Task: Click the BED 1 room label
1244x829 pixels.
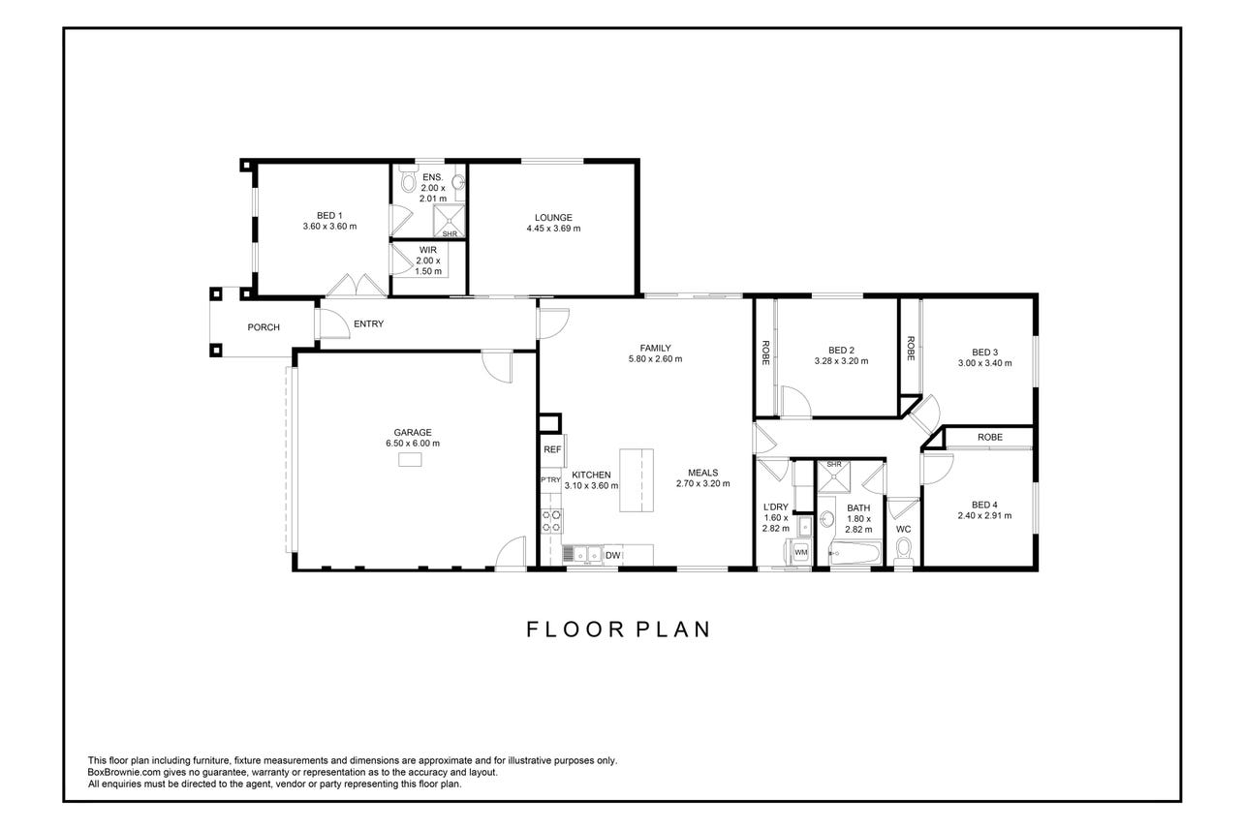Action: (329, 215)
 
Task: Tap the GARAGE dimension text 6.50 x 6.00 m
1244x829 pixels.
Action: (413, 444)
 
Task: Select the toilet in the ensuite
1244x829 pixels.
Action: (408, 177)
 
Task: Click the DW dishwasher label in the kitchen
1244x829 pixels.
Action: (612, 555)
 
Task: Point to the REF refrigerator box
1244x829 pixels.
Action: (552, 449)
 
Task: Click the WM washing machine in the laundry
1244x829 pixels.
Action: (800, 552)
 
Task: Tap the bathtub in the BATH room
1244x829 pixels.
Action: (855, 554)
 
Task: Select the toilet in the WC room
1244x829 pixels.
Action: (904, 551)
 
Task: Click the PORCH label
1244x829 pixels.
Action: (264, 327)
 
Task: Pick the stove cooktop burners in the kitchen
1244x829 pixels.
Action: (551, 521)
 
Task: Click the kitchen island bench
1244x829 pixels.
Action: (636, 480)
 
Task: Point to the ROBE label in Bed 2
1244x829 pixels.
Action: (765, 353)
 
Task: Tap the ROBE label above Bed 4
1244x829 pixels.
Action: (989, 438)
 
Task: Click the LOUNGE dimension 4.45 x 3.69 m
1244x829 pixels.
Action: (553, 229)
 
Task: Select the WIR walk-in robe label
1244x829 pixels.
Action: (427, 251)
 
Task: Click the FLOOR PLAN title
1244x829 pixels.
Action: (618, 629)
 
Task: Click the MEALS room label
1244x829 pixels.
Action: (703, 473)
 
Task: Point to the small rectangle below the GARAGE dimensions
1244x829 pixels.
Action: (410, 459)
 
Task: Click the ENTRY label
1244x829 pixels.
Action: (369, 323)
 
